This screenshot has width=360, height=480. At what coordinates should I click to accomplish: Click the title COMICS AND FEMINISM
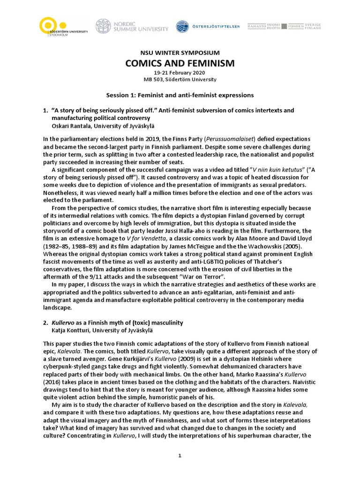[x=180, y=63]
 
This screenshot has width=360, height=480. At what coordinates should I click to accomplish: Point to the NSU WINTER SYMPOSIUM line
[x=180, y=53]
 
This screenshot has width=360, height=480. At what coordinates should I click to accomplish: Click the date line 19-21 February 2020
[x=180, y=73]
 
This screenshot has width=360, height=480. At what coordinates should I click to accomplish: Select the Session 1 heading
[x=180, y=95]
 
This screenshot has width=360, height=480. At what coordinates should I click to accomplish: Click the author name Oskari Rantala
[x=71, y=126]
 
